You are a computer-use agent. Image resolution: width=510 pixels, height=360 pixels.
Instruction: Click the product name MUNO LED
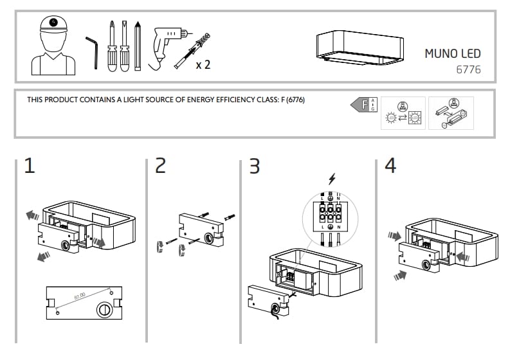pyautogui.click(x=452, y=53)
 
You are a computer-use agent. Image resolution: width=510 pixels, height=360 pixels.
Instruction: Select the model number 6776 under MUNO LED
pyautogui.click(x=468, y=69)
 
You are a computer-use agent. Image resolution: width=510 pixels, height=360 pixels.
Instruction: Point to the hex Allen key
pyautogui.click(x=93, y=51)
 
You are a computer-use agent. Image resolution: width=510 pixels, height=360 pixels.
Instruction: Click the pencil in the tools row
pyautogui.click(x=138, y=46)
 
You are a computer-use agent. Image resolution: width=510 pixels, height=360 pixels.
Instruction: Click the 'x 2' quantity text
pyautogui.click(x=203, y=65)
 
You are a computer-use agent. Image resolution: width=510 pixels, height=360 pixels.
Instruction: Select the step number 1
pyautogui.click(x=29, y=166)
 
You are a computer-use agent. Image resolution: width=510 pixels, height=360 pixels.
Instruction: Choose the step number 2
pyautogui.click(x=161, y=166)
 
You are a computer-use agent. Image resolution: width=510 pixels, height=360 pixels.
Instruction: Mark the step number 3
pyautogui.click(x=255, y=166)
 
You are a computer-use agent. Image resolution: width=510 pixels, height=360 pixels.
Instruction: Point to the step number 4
pyautogui.click(x=390, y=166)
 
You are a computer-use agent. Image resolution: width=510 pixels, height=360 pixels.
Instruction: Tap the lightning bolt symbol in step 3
pyautogui.click(x=331, y=179)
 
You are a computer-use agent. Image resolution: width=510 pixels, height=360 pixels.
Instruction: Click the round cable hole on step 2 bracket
pyautogui.click(x=209, y=239)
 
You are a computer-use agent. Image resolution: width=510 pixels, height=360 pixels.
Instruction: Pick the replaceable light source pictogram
pyautogui.click(x=403, y=113)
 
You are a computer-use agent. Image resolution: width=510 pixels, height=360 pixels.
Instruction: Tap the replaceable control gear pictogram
pyautogui.click(x=451, y=113)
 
